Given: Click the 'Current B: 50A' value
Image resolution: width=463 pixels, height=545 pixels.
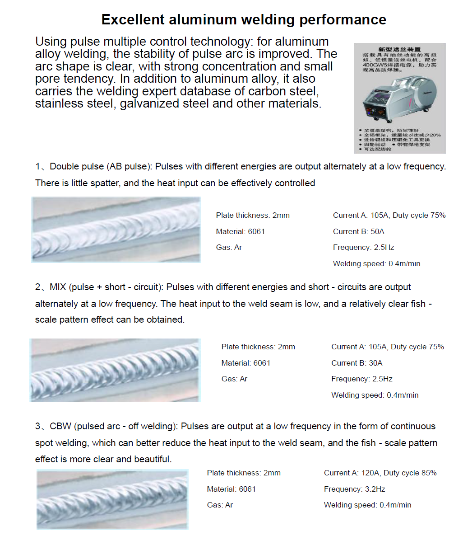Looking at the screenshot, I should pyautogui.click(x=358, y=231).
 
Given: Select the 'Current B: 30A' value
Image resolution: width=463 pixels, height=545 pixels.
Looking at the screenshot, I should pyautogui.click(x=357, y=363).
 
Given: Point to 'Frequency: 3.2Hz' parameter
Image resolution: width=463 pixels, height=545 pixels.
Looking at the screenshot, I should pyautogui.click(x=354, y=489).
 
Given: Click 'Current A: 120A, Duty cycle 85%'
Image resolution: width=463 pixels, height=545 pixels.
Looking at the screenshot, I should pyautogui.click(x=380, y=473).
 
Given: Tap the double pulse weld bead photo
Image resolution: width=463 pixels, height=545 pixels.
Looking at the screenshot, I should pyautogui.click(x=116, y=230).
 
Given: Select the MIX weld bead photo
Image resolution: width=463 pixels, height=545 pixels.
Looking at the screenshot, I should pyautogui.click(x=115, y=370).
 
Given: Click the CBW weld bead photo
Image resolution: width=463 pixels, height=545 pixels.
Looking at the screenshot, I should pyautogui.click(x=112, y=499).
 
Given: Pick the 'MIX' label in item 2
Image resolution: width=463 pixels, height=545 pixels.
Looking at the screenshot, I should pyautogui.click(x=58, y=287).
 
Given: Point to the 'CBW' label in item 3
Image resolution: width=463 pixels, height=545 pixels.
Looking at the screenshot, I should pyautogui.click(x=60, y=426).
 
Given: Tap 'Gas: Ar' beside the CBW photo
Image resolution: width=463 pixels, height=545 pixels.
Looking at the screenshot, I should pyautogui.click(x=220, y=505).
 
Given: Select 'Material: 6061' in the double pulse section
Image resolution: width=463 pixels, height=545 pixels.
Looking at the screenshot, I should pyautogui.click(x=240, y=231).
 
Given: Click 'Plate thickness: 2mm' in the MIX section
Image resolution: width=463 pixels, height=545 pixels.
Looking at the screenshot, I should pyautogui.click(x=258, y=347).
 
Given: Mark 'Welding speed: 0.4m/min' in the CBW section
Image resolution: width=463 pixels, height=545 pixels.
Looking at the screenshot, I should pyautogui.click(x=367, y=505).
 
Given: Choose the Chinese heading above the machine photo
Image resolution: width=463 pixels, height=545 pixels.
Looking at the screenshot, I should pyautogui.click(x=399, y=49).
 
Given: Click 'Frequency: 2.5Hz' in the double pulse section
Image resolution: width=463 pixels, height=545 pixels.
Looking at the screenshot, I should pyautogui.click(x=363, y=247).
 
